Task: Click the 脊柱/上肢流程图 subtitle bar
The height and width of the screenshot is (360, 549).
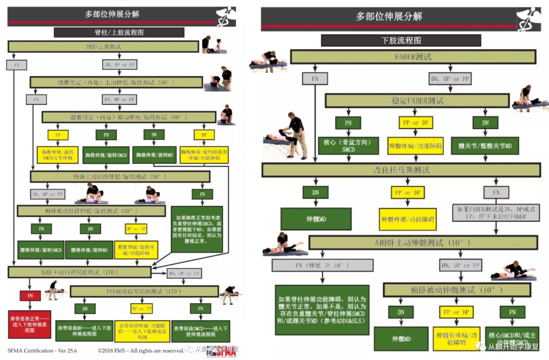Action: [119, 32]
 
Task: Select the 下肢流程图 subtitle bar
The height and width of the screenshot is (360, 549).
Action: [401, 40]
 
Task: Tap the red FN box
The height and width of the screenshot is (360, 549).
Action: [30, 295]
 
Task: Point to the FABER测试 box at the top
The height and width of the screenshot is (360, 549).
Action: [413, 56]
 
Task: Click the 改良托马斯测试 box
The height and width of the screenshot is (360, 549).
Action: [401, 170]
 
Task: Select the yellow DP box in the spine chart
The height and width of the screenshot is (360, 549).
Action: [204, 135]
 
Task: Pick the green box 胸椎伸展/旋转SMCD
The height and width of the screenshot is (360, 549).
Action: [106, 154]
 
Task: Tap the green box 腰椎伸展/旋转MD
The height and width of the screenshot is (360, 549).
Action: [90, 250]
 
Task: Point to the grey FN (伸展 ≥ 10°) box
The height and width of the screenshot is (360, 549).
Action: [322, 265]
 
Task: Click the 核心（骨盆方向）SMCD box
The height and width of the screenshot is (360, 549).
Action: [348, 145]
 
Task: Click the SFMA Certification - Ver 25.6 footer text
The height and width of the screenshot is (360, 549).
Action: [37, 350]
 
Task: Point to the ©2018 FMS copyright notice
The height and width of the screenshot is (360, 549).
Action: [140, 350]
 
